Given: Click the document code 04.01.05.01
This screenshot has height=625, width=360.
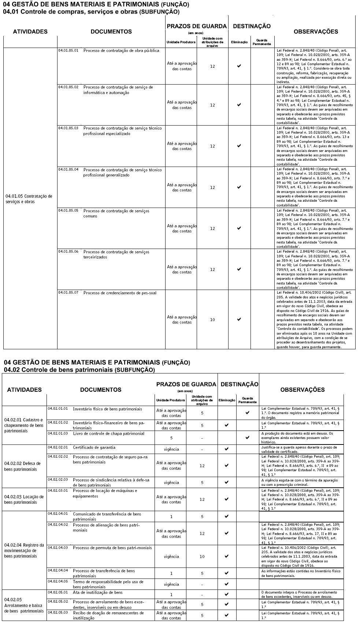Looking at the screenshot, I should pyautogui.click(x=68, y=50).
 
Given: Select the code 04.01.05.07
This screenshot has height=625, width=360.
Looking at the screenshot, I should pyautogui.click(x=68, y=293).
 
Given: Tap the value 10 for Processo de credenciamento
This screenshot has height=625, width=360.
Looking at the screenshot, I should pyautogui.click(x=212, y=320).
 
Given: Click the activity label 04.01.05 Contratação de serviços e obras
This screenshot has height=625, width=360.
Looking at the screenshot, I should pyautogui.click(x=29, y=199).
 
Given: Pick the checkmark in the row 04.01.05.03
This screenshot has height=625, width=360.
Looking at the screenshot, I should pyautogui.click(x=239, y=146).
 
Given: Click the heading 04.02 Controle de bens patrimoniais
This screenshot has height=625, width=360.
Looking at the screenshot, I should pyautogui.click(x=79, y=370).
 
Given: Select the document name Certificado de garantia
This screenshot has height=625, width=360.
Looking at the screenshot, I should pyautogui.click(x=94, y=447).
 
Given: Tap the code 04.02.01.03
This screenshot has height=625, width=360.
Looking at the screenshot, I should pyautogui.click(x=58, y=434).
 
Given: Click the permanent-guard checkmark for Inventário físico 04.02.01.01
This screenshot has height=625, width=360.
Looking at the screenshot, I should pyautogui.click(x=248, y=413).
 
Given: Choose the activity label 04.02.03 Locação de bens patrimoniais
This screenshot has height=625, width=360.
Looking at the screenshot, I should pyautogui.click(x=24, y=499).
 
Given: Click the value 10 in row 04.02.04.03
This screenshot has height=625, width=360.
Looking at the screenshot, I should pyautogui.click(x=202, y=557).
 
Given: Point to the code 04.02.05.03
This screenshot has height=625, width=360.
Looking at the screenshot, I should pyautogui.click(x=58, y=612).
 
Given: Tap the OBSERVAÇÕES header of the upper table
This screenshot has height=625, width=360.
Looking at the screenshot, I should pyautogui.click(x=316, y=31).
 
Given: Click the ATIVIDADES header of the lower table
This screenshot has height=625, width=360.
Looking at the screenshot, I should pyautogui.click(x=25, y=390).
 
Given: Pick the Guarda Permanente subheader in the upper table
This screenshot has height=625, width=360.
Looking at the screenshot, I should pyautogui.click(x=261, y=42).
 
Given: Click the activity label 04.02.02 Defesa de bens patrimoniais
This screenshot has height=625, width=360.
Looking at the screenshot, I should pyautogui.click(x=23, y=466).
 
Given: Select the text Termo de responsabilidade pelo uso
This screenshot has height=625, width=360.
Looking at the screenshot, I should pyautogui.click(x=108, y=582).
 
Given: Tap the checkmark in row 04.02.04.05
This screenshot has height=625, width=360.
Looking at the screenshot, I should pyautogui.click(x=227, y=584).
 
